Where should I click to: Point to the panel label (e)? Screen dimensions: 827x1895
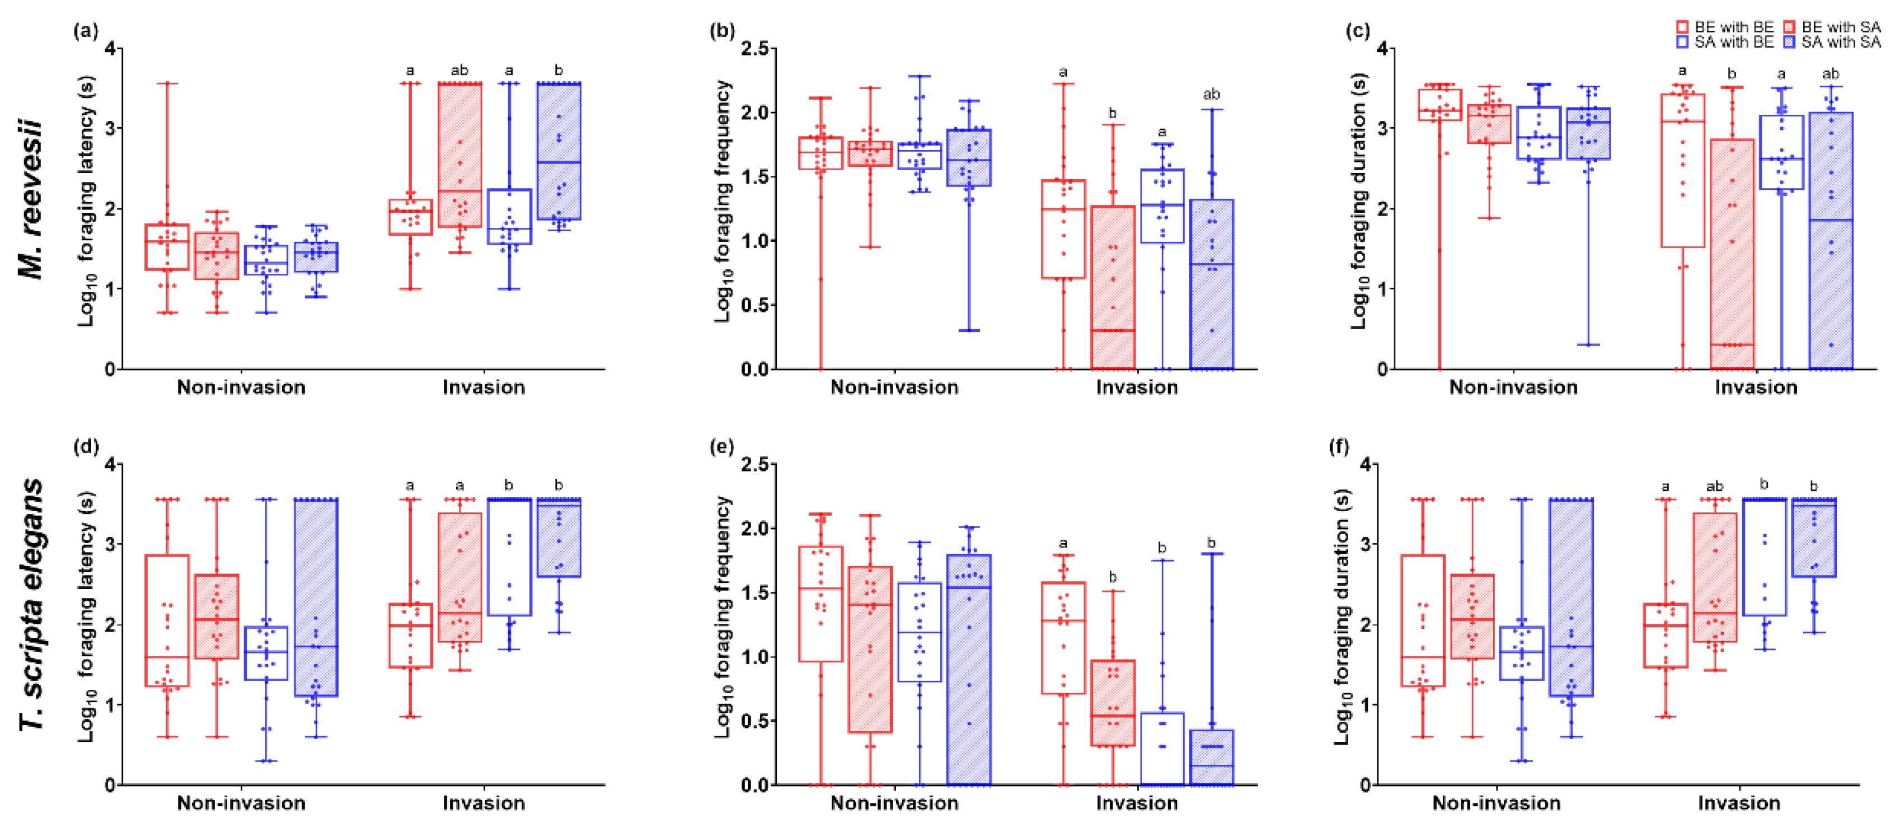[x=721, y=447]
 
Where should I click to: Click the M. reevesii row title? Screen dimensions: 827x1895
[x=31, y=200]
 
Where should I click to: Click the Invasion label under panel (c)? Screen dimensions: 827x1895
[x=1756, y=387]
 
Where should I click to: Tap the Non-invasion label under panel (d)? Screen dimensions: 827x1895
[x=241, y=803]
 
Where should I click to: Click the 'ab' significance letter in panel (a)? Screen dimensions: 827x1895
[x=459, y=71]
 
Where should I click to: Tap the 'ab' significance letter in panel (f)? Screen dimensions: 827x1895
[x=1714, y=487]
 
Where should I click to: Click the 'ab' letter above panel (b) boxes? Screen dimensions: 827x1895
[x=1211, y=94]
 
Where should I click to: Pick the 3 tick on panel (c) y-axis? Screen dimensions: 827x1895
[x=1382, y=129]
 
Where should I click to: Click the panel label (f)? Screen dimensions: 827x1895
[x=1341, y=447]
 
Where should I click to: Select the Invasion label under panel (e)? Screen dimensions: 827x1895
[x=1137, y=803]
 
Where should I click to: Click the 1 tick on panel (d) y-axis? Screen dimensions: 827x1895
[x=110, y=705]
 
